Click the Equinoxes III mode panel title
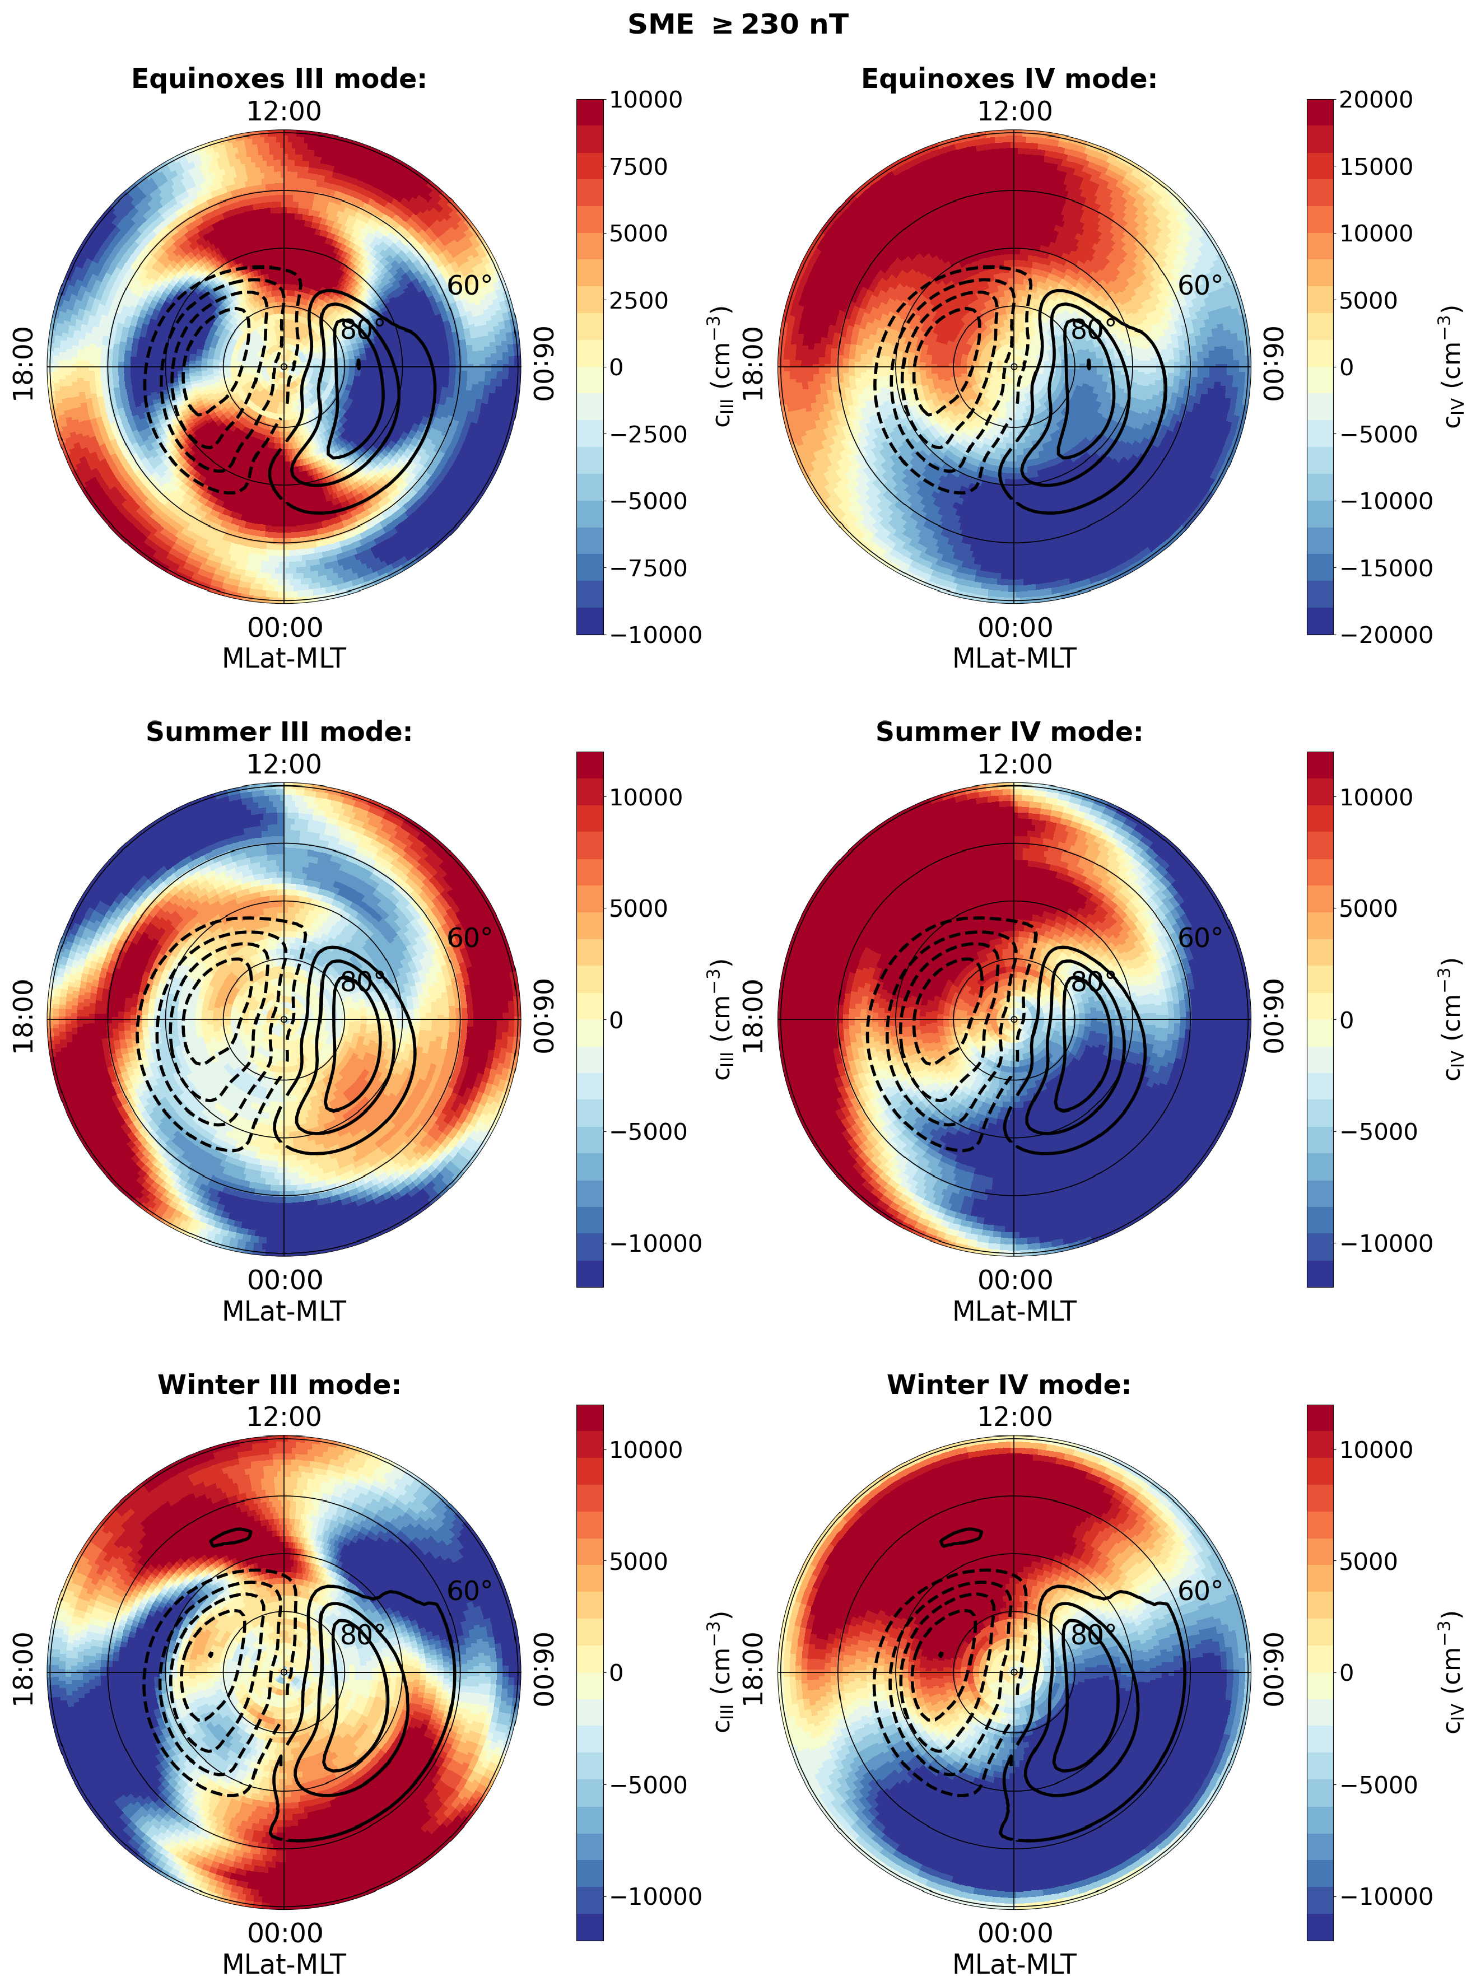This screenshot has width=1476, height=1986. [x=279, y=78]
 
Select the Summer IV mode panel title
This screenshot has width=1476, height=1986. [x=1009, y=731]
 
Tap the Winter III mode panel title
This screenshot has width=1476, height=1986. [x=279, y=1384]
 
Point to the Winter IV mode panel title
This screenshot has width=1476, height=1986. [x=1009, y=1384]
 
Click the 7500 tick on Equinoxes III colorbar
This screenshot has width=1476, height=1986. [x=638, y=167]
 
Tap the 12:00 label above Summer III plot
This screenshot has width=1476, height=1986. [x=284, y=764]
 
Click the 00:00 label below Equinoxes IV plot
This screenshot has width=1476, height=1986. [x=1015, y=627]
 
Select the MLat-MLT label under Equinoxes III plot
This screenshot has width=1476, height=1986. [x=284, y=659]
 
